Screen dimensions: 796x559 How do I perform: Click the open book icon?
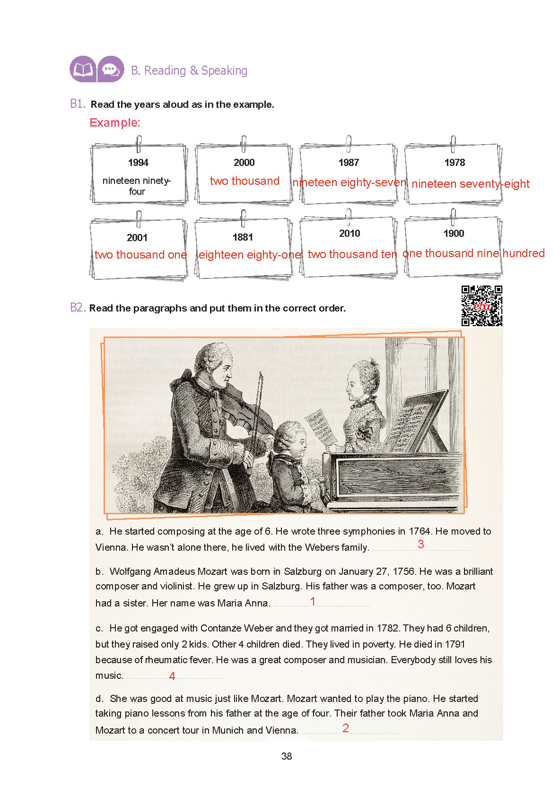coord(83,69)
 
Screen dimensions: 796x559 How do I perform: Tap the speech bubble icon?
coord(111,69)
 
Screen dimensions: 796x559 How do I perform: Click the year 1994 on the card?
coord(138,163)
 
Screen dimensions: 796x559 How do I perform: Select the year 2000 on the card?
coord(244,163)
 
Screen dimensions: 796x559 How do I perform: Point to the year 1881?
coord(243,237)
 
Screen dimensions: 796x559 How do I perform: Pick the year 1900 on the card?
coord(454,234)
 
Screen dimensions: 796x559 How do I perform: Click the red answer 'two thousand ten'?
coord(352,254)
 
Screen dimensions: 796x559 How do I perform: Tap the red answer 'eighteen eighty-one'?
coord(250,255)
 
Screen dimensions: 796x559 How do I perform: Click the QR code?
coord(481,306)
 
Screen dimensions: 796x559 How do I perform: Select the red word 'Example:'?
coord(115,123)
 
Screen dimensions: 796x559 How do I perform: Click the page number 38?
coord(287,756)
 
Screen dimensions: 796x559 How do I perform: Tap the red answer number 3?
coord(420,544)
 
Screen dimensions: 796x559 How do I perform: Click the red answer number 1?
coord(313,601)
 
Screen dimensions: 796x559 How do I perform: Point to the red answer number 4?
coord(172,676)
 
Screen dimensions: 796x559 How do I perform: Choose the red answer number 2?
coord(346,728)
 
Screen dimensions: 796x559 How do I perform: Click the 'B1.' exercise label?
coord(78,104)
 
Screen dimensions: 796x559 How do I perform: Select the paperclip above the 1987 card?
coord(349,143)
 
